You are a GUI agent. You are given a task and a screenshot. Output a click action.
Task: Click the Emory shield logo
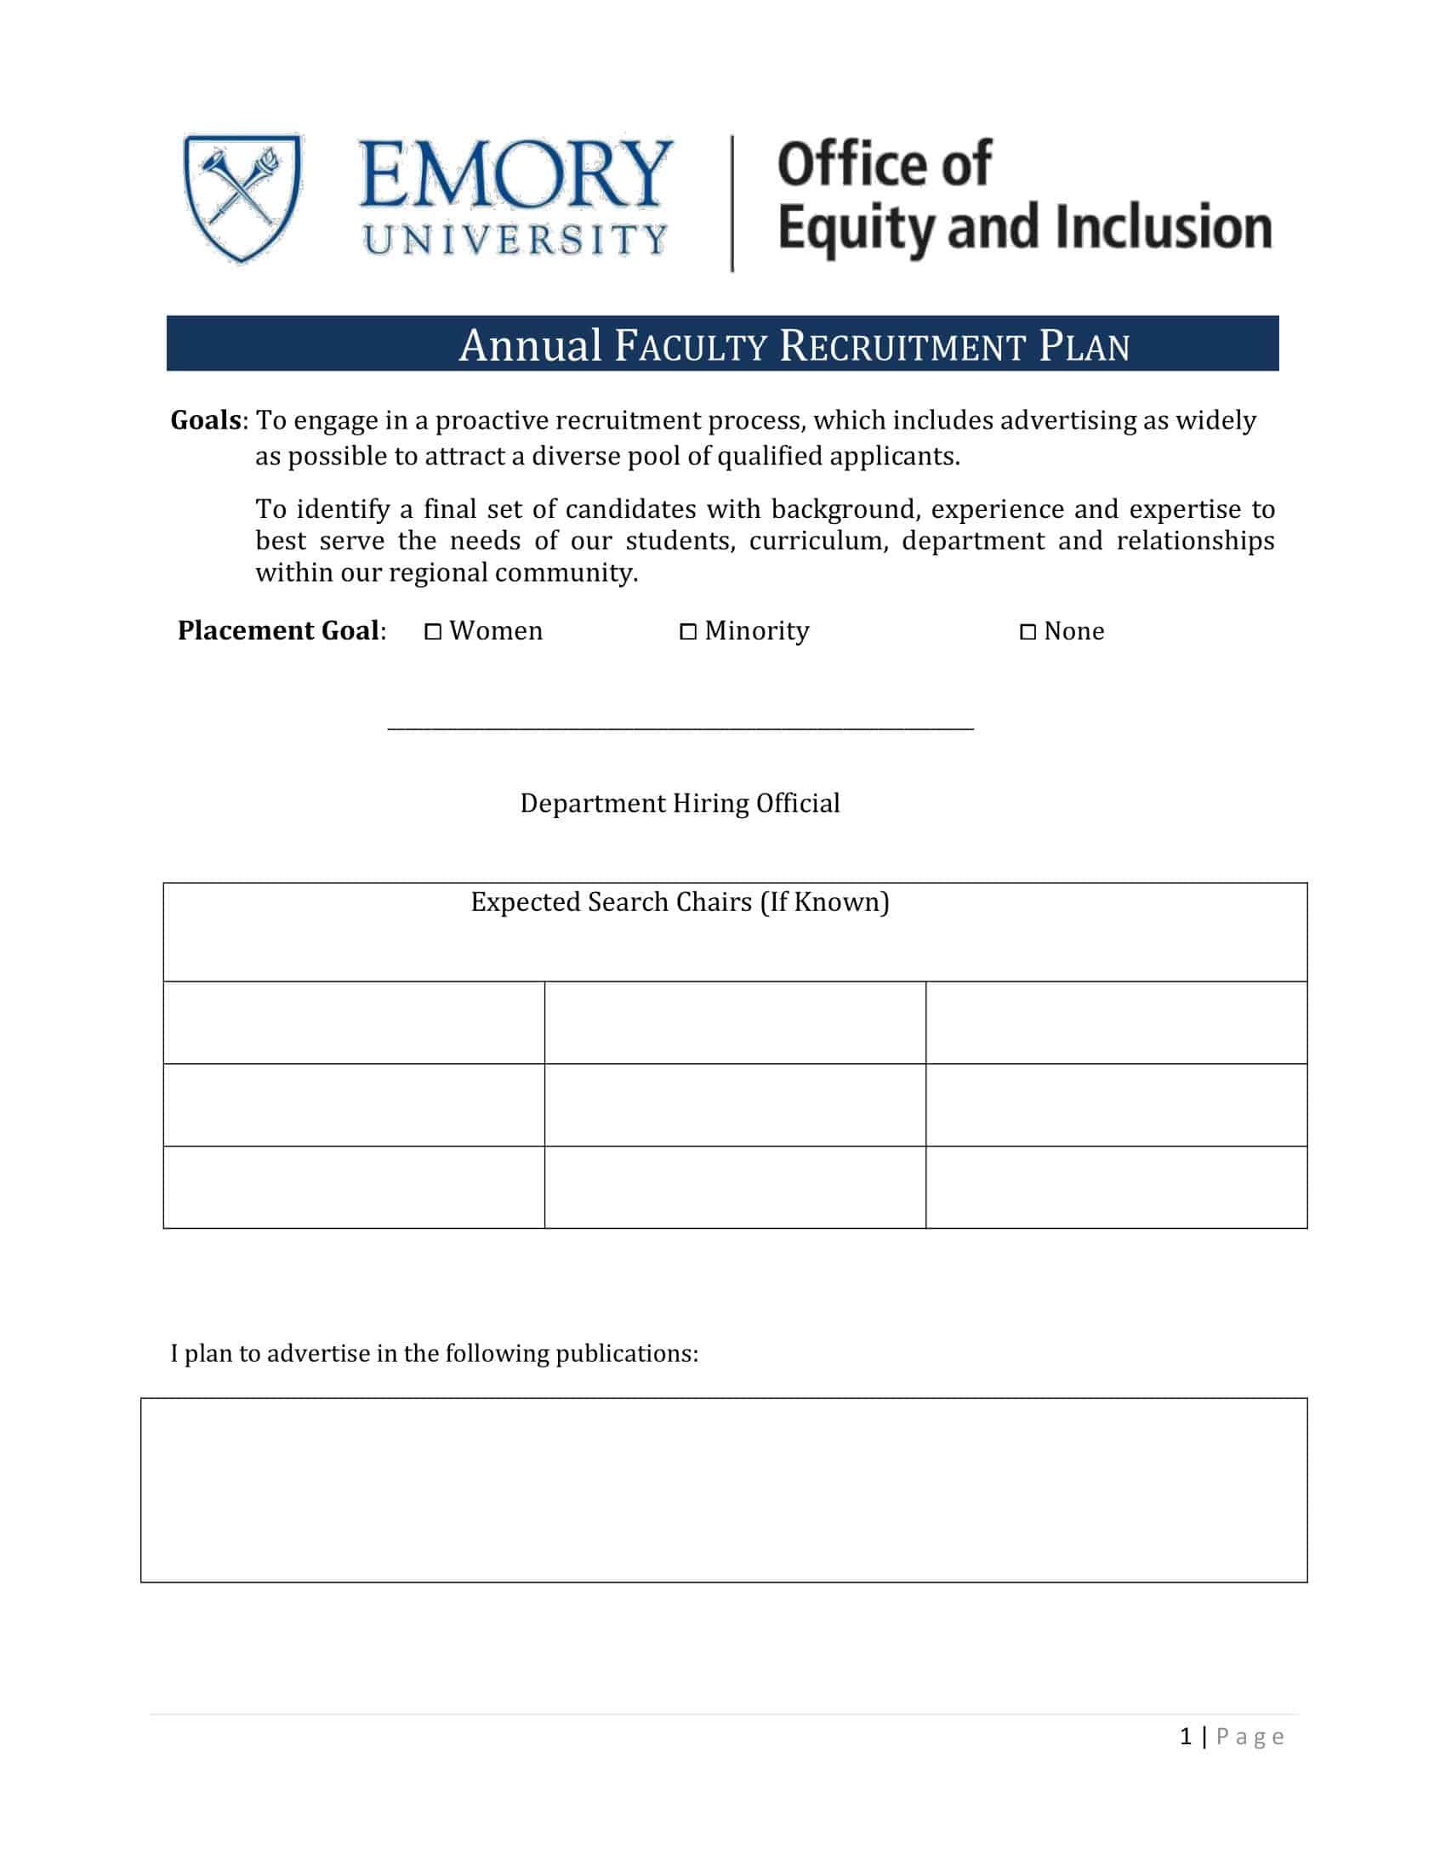pos(242,198)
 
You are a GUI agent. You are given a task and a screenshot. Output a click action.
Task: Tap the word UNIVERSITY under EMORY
pos(515,240)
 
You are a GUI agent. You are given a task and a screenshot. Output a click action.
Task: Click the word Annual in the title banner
pos(530,346)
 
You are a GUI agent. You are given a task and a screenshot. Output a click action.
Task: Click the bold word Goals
pos(206,421)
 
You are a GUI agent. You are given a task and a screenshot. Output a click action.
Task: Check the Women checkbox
pos(434,632)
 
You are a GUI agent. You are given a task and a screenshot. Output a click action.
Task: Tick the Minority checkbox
pos(688,632)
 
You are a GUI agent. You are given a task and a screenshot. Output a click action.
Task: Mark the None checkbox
pos(1028,632)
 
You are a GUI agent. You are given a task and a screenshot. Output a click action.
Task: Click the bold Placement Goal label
pos(278,630)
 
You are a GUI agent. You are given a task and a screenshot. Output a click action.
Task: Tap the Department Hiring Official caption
pos(680,804)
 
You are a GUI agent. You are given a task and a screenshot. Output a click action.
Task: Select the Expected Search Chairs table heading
pos(680,902)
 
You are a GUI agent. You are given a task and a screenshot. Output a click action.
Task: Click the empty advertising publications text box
pos(723,1490)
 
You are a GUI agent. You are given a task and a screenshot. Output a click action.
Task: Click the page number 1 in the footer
pos(1186,1737)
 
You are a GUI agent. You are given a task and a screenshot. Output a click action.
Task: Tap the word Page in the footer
pos(1250,1737)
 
